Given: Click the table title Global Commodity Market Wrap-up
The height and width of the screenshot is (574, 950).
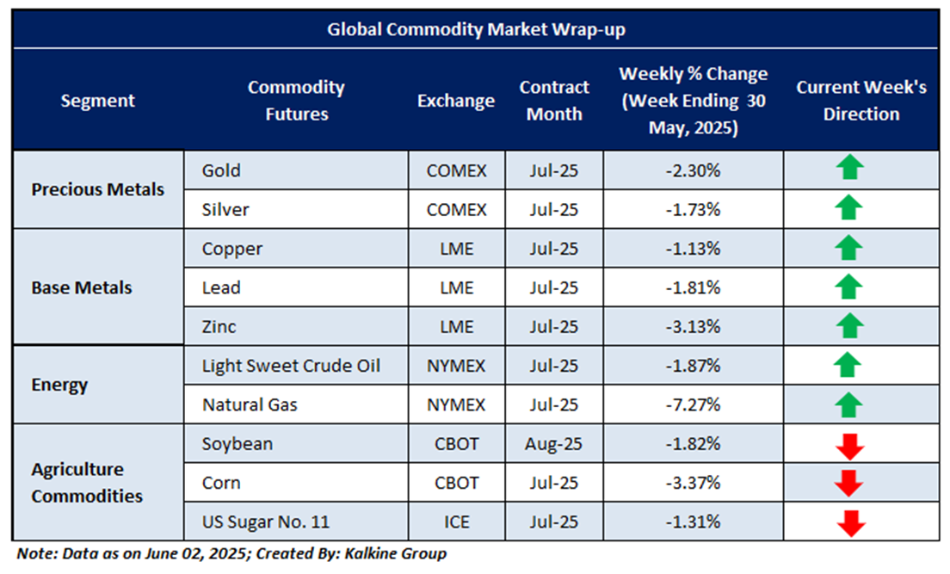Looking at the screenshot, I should tap(475, 29).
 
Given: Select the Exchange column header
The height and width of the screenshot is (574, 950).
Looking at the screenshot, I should tap(456, 101).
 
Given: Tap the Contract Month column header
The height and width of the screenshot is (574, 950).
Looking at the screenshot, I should tap(554, 101).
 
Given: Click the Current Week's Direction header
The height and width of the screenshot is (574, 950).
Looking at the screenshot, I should tap(861, 101).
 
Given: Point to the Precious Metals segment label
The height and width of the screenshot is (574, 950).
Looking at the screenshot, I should tap(97, 189).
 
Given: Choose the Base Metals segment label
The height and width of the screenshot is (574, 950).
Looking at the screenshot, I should tap(82, 287).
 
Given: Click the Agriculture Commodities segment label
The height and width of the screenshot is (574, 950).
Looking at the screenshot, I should tap(87, 483).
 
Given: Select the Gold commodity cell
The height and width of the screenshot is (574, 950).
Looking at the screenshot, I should tap(221, 170).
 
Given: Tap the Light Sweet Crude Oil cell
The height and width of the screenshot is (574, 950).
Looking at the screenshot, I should tap(291, 366).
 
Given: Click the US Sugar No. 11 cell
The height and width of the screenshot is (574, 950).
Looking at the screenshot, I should tap(265, 522).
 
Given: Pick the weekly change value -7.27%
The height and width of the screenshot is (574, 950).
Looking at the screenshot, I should tap(693, 404).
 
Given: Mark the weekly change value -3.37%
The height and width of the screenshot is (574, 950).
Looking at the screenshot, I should tap(693, 483).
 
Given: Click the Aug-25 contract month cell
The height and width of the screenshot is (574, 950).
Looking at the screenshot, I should tap(554, 444).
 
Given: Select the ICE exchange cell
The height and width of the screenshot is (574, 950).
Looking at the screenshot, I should tap(456, 522).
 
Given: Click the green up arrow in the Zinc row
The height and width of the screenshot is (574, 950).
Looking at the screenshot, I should tap(849, 326).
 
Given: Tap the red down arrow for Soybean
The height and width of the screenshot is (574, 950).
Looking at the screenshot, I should tap(849, 445).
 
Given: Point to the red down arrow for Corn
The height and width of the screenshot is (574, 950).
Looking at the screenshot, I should tap(849, 484).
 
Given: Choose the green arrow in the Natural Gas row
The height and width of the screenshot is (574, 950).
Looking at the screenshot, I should tap(849, 404).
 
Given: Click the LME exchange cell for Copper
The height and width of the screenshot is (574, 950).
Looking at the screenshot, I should tap(456, 249).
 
